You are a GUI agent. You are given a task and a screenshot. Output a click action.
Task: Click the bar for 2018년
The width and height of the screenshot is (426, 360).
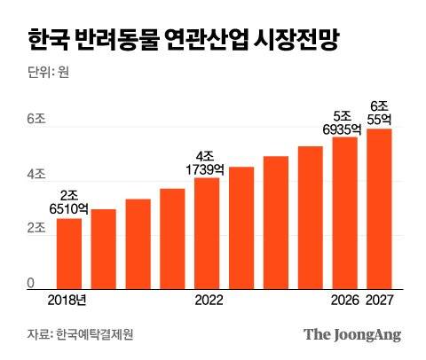pos(68,254)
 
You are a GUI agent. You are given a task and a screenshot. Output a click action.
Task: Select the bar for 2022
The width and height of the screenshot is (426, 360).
pos(207,234)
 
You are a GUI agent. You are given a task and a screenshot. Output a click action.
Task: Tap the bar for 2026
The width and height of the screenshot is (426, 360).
pos(344,214)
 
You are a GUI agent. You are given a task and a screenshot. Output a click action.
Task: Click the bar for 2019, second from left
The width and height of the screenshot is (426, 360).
pos(103,249)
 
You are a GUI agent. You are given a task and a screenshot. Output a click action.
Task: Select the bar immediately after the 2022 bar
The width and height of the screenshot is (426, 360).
pos(241,228)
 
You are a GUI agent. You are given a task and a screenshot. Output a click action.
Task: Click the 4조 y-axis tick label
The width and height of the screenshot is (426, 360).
pos(35,175)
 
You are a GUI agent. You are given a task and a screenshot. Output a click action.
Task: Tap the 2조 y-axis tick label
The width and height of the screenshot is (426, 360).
pos(35,230)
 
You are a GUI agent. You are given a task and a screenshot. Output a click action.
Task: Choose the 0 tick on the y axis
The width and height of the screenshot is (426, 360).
pos(30,283)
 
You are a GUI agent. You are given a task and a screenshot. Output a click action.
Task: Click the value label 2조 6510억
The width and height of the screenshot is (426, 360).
pos(69,202)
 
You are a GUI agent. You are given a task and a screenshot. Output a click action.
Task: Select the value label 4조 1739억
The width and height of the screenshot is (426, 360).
pos(206,162)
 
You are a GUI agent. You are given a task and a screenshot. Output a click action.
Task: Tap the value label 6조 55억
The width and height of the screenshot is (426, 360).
pos(380,111)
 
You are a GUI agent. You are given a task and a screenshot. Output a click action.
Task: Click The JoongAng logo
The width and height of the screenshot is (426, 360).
pos(352,334)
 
